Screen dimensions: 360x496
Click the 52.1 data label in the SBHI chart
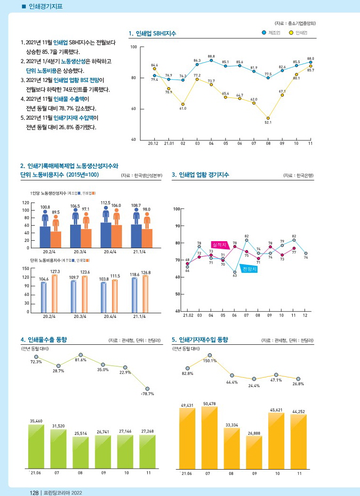tap(268, 122)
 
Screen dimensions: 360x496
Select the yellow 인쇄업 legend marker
tap(291, 33)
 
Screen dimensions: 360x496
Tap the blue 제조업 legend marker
tap(264, 33)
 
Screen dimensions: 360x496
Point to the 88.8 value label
tap(211, 56)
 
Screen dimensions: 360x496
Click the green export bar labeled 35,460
tap(36, 447)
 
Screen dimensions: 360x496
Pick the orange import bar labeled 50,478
tap(209, 438)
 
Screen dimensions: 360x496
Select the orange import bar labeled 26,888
tap(254, 452)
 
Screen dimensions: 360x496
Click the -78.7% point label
tap(147, 394)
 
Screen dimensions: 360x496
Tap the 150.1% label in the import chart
tap(210, 361)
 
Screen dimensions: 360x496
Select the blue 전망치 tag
tap(249, 269)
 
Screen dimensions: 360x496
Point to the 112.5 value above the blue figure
tap(105, 203)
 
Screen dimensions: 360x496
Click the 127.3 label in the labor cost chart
tap(55, 271)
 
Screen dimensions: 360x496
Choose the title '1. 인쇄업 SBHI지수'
tap(152, 33)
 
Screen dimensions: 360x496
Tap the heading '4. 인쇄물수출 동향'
tap(44, 340)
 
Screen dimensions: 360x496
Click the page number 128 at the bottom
tap(34, 493)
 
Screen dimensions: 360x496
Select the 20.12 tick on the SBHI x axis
tap(153, 143)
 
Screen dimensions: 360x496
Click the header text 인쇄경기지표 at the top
tap(46, 6)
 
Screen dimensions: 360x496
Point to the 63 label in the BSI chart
tap(235, 276)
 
